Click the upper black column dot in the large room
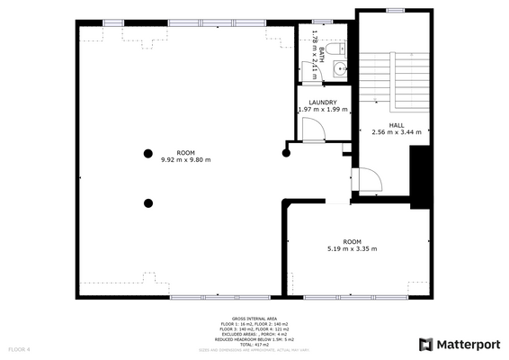[147, 153]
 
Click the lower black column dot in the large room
[147, 202]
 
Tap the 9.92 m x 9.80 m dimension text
[185, 160]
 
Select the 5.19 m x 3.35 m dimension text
[352, 248]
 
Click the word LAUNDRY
[322, 103]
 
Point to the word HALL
[397, 125]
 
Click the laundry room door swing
[312, 131]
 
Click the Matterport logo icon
[424, 344]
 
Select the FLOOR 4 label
[20, 348]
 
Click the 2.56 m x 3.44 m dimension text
[397, 132]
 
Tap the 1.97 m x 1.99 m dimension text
[322, 110]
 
